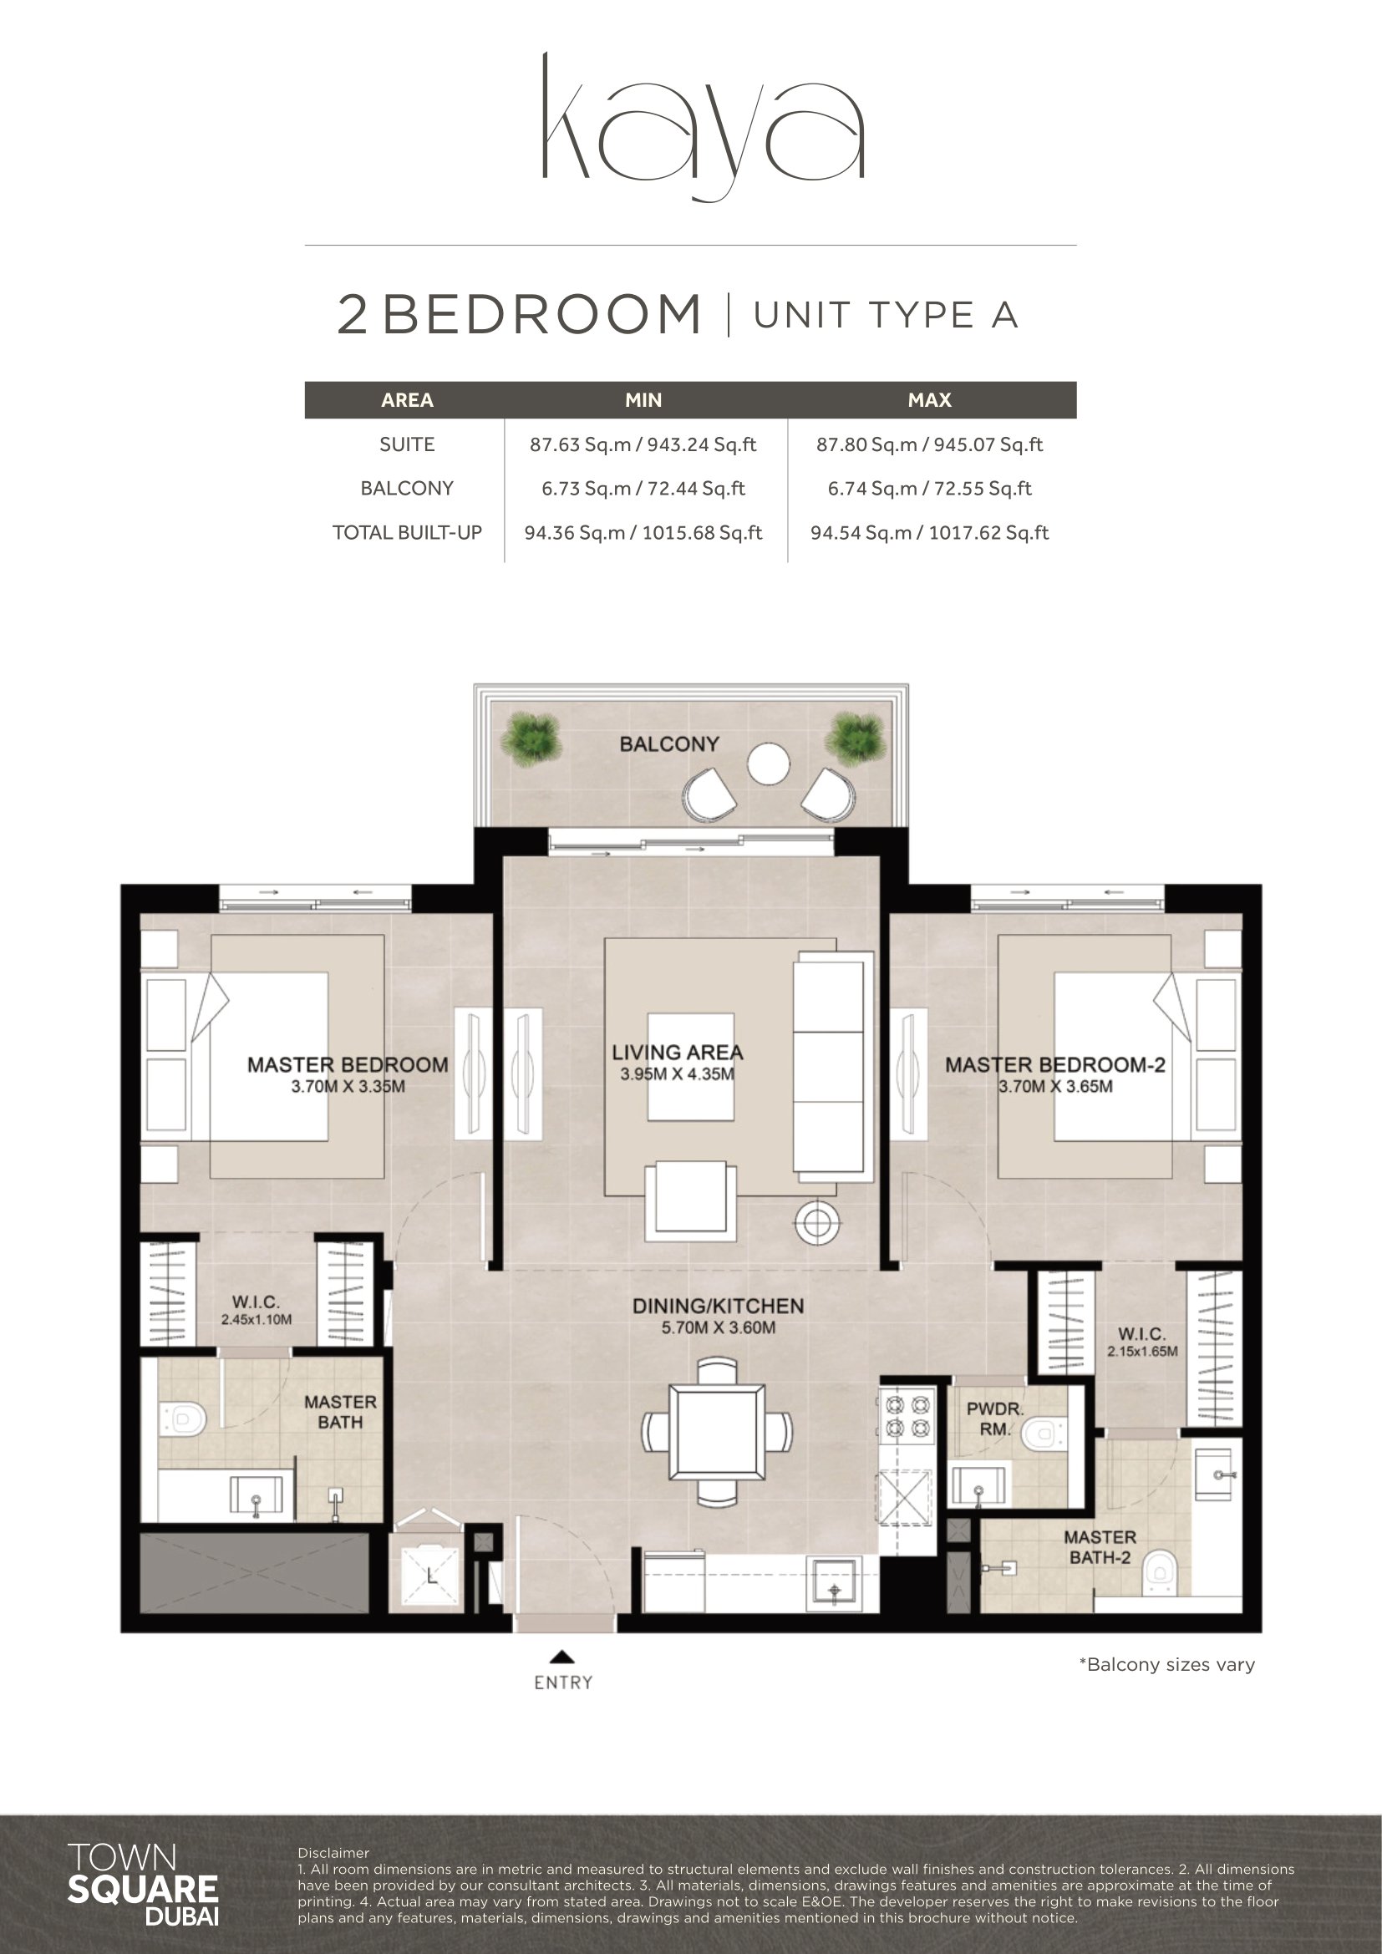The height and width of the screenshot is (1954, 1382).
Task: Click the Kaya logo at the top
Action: click(704, 127)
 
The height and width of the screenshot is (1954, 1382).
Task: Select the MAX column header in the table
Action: click(929, 400)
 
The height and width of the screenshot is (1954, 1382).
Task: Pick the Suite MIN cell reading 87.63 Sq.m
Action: click(643, 444)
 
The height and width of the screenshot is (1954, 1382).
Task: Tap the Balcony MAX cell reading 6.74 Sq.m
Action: click(929, 489)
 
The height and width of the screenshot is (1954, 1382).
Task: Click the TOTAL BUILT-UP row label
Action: click(407, 533)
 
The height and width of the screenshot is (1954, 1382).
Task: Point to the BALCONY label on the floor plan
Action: click(669, 744)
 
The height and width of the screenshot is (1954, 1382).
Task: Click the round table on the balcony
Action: click(769, 764)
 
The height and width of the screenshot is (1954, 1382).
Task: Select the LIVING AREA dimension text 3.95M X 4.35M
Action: click(677, 1074)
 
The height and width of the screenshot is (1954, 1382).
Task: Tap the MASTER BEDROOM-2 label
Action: click(1055, 1064)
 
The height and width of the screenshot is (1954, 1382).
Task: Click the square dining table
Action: click(717, 1433)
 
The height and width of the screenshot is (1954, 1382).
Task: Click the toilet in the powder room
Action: click(1043, 1435)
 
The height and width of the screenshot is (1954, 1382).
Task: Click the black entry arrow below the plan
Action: click(561, 1656)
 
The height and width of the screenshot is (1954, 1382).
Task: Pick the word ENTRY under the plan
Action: click(563, 1682)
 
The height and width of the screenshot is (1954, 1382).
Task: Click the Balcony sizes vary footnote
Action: click(1166, 1665)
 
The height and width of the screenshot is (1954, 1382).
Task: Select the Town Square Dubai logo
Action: click(142, 1885)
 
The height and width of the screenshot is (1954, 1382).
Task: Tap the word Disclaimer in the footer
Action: click(333, 1853)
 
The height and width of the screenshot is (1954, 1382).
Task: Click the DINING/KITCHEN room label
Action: click(718, 1307)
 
